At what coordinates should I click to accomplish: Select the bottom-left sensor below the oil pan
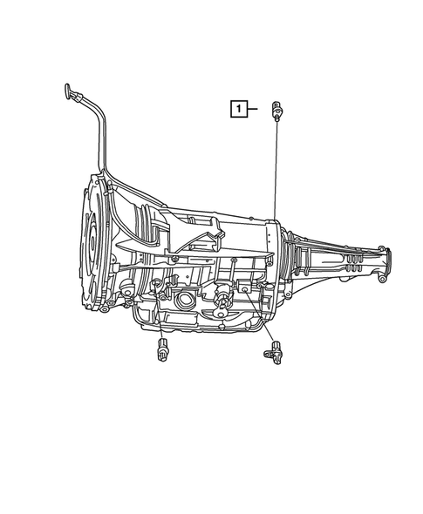click(x=161, y=352)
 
